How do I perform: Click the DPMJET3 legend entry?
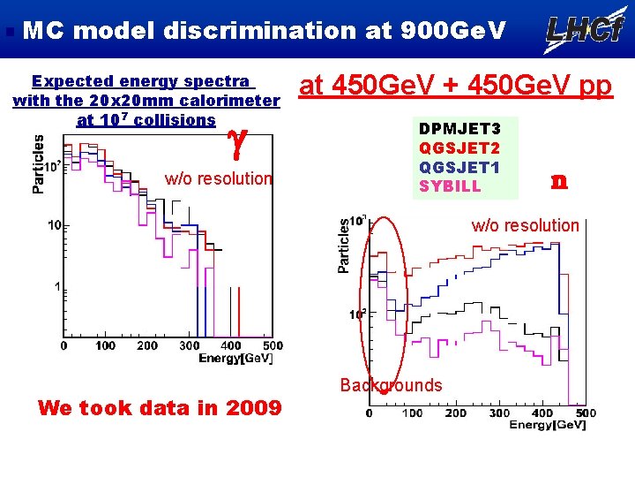459,130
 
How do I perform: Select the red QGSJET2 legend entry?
459,148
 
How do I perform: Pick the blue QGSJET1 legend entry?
459,167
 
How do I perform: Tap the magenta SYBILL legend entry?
450,186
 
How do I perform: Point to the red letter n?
557,181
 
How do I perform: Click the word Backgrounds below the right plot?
391,385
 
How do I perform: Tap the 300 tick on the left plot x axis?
189,346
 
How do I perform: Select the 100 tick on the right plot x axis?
412,413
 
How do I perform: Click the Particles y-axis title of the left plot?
39,163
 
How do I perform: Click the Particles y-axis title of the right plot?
345,246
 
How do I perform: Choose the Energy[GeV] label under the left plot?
235,358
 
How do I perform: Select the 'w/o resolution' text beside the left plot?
219,178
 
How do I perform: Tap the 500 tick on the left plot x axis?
273,346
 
